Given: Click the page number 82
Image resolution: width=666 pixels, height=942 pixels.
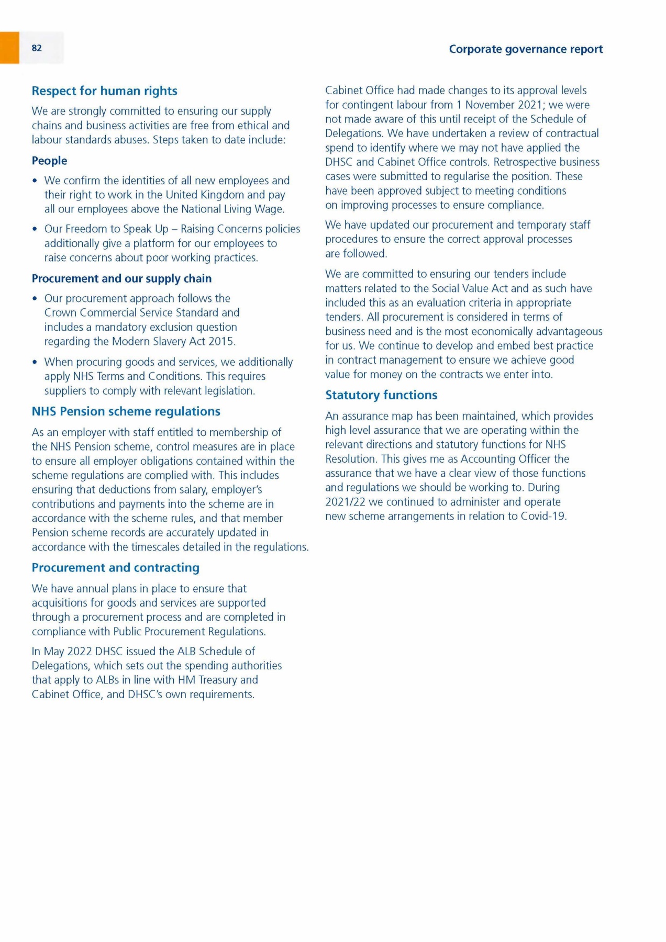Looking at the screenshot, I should (37, 48).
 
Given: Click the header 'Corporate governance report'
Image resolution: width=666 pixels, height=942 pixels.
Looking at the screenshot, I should (526, 49).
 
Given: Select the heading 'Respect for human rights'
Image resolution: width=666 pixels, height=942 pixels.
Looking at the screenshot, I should (104, 91).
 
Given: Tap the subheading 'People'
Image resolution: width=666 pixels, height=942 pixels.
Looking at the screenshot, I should (49, 161).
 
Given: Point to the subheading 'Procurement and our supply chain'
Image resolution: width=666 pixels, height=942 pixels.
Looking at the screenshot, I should (121, 278).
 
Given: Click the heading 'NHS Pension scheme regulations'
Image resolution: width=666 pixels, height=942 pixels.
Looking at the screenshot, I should (126, 411).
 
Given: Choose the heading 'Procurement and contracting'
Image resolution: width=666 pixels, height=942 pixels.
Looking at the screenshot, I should (115, 568).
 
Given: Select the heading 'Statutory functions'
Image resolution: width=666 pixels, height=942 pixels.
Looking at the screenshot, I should (381, 395).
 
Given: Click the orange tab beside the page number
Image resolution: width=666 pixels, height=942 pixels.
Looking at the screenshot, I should (9, 48).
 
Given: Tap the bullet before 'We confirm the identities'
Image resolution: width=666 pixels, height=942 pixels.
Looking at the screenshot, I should (35, 181).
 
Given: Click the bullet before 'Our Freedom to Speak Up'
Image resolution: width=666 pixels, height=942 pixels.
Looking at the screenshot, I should (35, 229).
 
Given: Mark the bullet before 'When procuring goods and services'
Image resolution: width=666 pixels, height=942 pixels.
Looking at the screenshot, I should (35, 362).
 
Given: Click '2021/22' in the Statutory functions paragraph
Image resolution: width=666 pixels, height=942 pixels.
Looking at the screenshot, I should (345, 502).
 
